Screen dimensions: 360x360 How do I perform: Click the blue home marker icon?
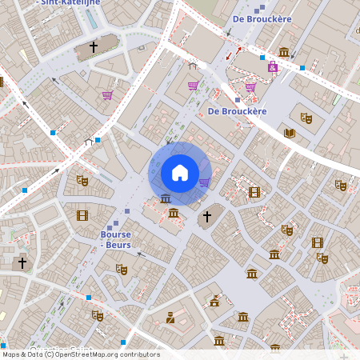pyautogui.click(x=180, y=172)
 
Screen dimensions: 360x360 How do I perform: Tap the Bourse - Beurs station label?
pyautogui.click(x=115, y=239)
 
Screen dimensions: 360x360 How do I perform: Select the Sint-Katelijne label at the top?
pyautogui.click(x=69, y=3)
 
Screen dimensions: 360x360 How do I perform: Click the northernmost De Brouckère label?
pyautogui.click(x=262, y=18)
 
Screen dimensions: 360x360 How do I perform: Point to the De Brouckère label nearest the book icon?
pyautogui.click(x=237, y=111)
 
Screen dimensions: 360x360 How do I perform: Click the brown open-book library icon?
pyautogui.click(x=290, y=133)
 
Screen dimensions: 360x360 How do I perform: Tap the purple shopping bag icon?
pyautogui.click(x=273, y=67)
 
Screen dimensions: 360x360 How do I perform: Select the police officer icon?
pyautogui.click(x=170, y=318)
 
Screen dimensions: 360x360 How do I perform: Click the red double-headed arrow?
pyautogui.click(x=233, y=54)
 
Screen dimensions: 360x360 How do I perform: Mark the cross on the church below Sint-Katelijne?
pyautogui.click(x=94, y=48)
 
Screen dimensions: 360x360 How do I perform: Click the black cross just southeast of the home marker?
pyautogui.click(x=206, y=216)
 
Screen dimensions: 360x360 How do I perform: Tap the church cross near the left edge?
pyautogui.click(x=22, y=262)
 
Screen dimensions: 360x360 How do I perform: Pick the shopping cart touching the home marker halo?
pyautogui.click(x=204, y=182)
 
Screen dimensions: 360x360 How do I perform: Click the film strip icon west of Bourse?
pyautogui.click(x=82, y=215)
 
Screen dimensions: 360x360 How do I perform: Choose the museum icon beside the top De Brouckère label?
pyautogui.click(x=284, y=53)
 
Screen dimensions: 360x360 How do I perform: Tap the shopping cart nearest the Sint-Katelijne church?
pyautogui.click(x=107, y=95)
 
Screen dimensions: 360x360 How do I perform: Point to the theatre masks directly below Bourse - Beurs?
pyautogui.click(x=121, y=269)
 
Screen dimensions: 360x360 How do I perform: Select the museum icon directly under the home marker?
pyautogui.click(x=166, y=198)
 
